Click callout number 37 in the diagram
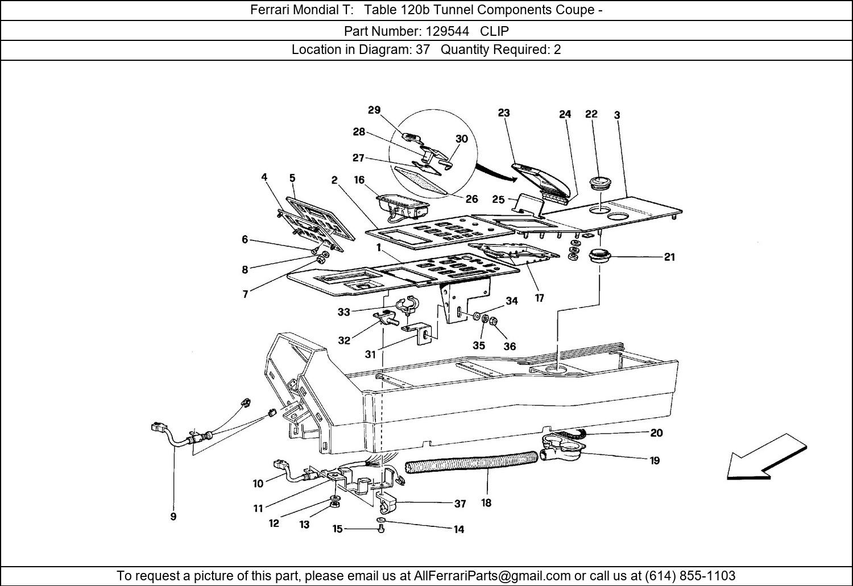[x=460, y=504]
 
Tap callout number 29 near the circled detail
[x=374, y=110]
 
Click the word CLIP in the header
[x=494, y=31]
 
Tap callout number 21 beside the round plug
[x=669, y=257]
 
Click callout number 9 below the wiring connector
[x=173, y=517]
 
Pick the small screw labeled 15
[x=382, y=529]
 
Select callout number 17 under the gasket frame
[x=539, y=297]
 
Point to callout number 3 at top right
[x=617, y=115]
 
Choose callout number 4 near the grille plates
[x=264, y=177]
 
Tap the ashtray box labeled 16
[x=402, y=205]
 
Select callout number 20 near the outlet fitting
[x=656, y=433]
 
